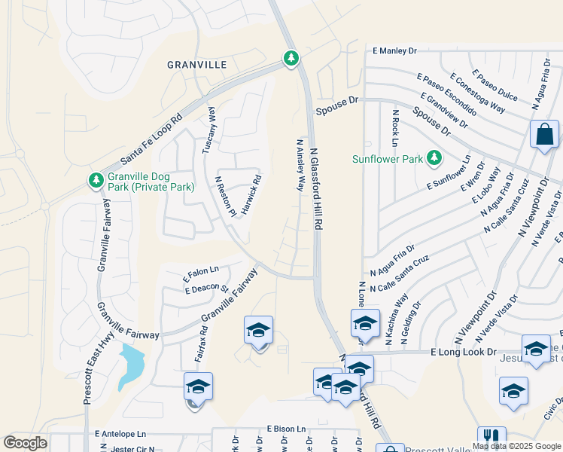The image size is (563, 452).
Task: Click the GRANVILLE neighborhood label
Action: pos(196,66)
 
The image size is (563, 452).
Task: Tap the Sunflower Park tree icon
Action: pos(434,158)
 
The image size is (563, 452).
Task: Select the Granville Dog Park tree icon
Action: pos(96,180)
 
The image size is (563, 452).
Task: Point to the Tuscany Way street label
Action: pos(209,130)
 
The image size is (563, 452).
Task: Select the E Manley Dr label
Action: pos(394,51)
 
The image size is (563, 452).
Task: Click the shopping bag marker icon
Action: pos(544,135)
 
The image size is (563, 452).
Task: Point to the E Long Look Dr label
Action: pos(464,352)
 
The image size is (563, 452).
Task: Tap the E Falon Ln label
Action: pos(201,270)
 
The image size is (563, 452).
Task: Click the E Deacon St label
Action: pos(206,288)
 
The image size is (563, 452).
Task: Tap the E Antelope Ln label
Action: pos(120,434)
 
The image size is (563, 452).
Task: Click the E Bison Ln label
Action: pos(287,428)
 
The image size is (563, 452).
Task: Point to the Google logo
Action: pos(25,443)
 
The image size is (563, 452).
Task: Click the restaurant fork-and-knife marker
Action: pos(491,437)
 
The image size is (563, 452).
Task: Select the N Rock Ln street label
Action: pos(394,127)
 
